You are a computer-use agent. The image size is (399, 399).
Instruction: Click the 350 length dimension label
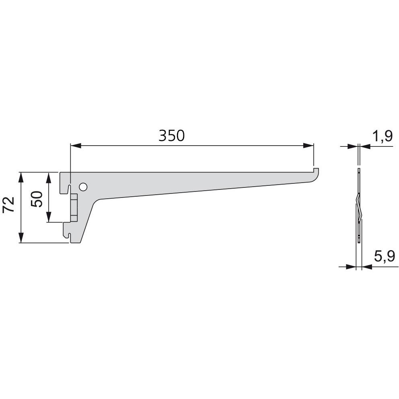point(171,136)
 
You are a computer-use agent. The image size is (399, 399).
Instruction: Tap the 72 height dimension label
point(8,205)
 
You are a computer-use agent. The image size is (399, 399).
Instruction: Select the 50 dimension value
point(37,199)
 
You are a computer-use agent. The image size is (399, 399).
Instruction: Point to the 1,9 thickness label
point(383,137)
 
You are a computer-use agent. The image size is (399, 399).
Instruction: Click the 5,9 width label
point(384,256)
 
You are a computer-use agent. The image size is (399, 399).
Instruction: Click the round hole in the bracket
point(83,187)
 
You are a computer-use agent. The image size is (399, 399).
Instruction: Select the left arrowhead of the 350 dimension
point(76,146)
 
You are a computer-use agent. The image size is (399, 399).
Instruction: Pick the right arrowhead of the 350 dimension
point(308,146)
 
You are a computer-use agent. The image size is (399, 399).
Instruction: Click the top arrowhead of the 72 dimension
point(21,178)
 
